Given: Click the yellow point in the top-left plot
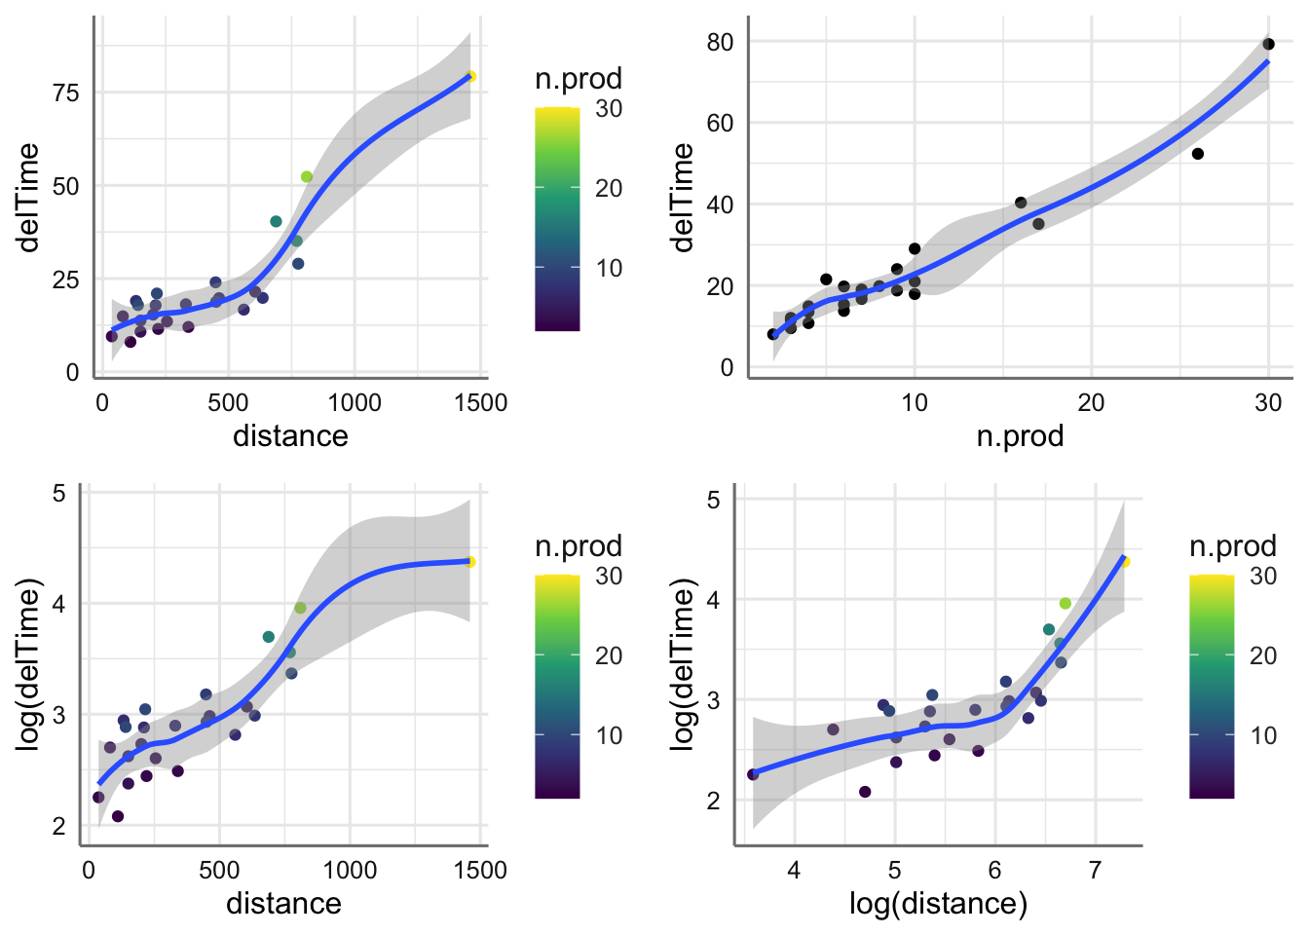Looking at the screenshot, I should [470, 76].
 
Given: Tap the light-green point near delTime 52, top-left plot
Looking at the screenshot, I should [307, 176].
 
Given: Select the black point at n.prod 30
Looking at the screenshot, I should [1268, 44].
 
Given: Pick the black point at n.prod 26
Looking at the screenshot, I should [1198, 154].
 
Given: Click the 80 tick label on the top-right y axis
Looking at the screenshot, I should [721, 42].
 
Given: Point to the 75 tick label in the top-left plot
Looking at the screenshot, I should [66, 93].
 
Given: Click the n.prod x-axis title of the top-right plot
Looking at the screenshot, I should [1020, 435].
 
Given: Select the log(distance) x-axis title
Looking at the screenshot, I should [938, 904].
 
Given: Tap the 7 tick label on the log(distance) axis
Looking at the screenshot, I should [1095, 870].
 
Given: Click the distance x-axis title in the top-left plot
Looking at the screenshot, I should [290, 435].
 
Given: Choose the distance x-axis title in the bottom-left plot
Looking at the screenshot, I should [283, 904].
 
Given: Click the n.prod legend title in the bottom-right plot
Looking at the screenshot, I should [1233, 545].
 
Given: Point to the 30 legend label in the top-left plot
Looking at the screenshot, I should [609, 108].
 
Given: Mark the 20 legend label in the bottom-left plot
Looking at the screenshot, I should [609, 655].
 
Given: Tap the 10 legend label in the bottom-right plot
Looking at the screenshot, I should [1263, 735].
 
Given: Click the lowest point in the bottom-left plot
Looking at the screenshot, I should [118, 816].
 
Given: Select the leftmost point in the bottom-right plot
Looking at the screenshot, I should [753, 774].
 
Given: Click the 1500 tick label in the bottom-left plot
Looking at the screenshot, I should [480, 870].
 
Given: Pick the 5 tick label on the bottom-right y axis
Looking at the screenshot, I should [713, 500].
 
